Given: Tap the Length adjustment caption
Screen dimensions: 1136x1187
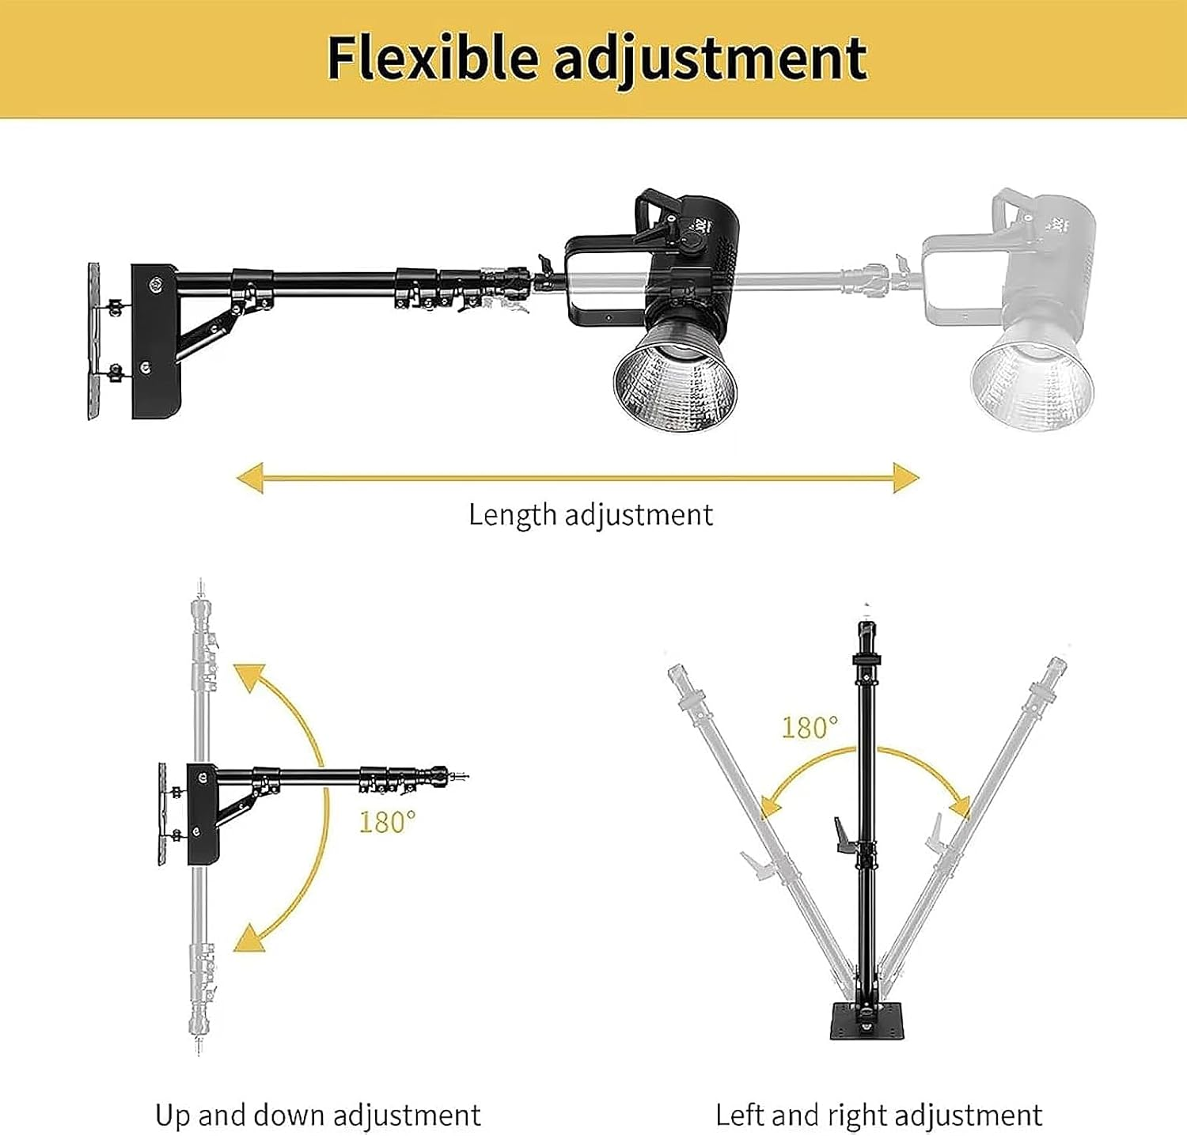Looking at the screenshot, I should [590, 515].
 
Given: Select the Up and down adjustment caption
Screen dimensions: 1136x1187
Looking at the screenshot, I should [317, 1115].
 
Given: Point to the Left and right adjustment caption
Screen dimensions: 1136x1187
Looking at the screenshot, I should [878, 1115].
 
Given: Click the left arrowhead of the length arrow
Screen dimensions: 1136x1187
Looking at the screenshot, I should [250, 479].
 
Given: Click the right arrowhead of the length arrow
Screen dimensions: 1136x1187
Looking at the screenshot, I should [906, 478].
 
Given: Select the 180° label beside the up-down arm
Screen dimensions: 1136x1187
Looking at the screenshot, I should [387, 822].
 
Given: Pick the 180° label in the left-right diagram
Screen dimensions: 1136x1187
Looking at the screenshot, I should [810, 727].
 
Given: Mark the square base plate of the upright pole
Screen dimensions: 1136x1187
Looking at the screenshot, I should [867, 1023].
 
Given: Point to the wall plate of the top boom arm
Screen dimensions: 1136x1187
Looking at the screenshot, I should [94, 340].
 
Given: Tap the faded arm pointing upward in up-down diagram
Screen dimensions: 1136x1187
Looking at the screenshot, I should [201, 672].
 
